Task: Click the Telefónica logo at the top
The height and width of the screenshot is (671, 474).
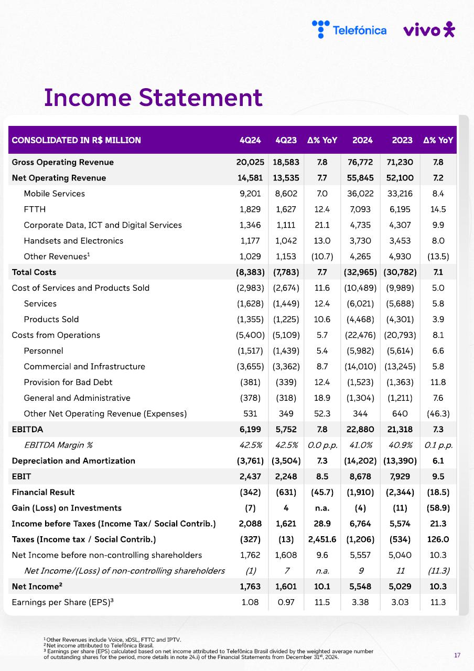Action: pyautogui.click(x=349, y=29)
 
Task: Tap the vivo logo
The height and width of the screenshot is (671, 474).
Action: pyautogui.click(x=429, y=30)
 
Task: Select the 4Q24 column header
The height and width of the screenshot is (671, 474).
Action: pyautogui.click(x=250, y=140)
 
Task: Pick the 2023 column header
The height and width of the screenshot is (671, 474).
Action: pyautogui.click(x=402, y=140)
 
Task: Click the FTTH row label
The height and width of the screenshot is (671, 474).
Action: pyautogui.click(x=35, y=209)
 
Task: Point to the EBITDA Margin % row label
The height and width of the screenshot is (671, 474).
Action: pyautogui.click(x=58, y=445)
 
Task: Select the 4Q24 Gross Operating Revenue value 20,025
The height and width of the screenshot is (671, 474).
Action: pyautogui.click(x=250, y=162)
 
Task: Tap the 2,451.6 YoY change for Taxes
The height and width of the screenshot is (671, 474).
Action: pyautogui.click(x=322, y=539)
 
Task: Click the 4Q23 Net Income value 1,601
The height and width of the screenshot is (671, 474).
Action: pyautogui.click(x=286, y=587)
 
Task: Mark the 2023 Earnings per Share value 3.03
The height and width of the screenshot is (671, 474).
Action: pyautogui.click(x=400, y=602)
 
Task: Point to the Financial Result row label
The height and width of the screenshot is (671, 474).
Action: pyautogui.click(x=43, y=492)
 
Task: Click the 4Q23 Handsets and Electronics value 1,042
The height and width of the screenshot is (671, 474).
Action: pyautogui.click(x=286, y=241)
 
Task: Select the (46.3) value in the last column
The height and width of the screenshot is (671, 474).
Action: pyautogui.click(x=438, y=413)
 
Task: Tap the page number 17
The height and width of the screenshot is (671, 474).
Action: pyautogui.click(x=457, y=655)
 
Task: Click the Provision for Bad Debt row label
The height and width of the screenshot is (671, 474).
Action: pyautogui.click(x=68, y=382)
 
